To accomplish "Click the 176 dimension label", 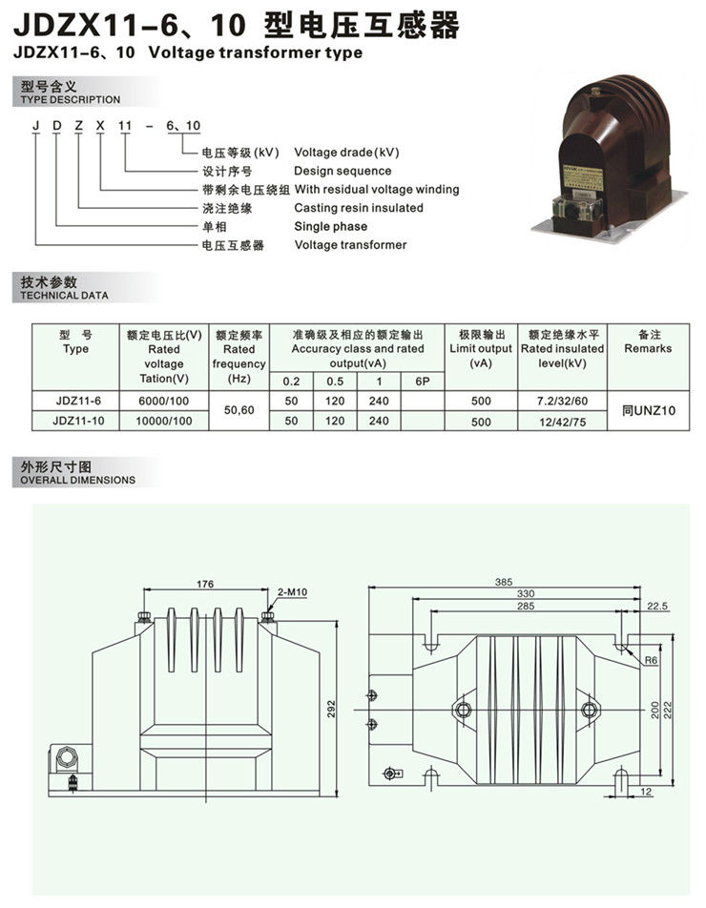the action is tap(205, 584).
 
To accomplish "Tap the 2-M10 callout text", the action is tap(293, 591).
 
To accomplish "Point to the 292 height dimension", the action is tap(331, 710).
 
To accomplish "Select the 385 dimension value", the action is tap(504, 582).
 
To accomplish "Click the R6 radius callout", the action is tap(651, 660).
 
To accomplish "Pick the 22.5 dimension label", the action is tap(657, 607).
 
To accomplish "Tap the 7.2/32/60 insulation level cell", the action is tap(562, 401).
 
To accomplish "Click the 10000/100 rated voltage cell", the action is tap(164, 421).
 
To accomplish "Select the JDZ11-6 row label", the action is tap(78, 401).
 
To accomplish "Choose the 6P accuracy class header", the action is tap(423, 382).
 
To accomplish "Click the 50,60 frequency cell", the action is tap(239, 410).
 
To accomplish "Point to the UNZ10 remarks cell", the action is tap(649, 410).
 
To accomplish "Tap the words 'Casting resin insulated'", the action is tap(359, 207).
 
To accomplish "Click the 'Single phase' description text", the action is tap(331, 226).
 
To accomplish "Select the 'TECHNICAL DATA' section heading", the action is tap(64, 296).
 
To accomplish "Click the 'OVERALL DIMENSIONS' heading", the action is tap(77, 480).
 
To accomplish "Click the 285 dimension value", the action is tap(526, 607).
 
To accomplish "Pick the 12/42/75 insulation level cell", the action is tap(562, 423).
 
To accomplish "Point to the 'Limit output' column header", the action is tap(481, 349).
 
